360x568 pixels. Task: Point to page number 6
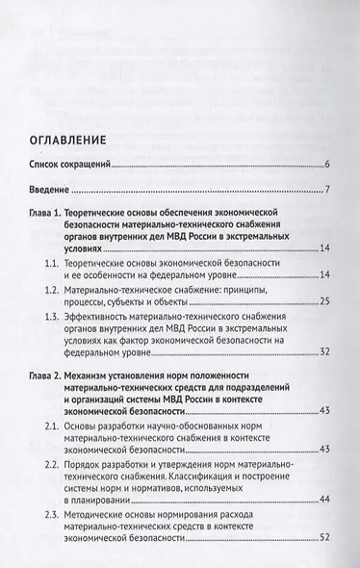tap(328, 166)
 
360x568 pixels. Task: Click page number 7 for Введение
tap(328, 189)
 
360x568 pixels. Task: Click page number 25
tap(325, 303)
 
